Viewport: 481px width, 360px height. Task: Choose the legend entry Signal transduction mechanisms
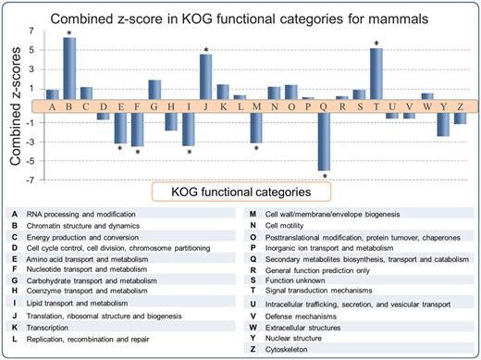pyautogui.click(x=331, y=290)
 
